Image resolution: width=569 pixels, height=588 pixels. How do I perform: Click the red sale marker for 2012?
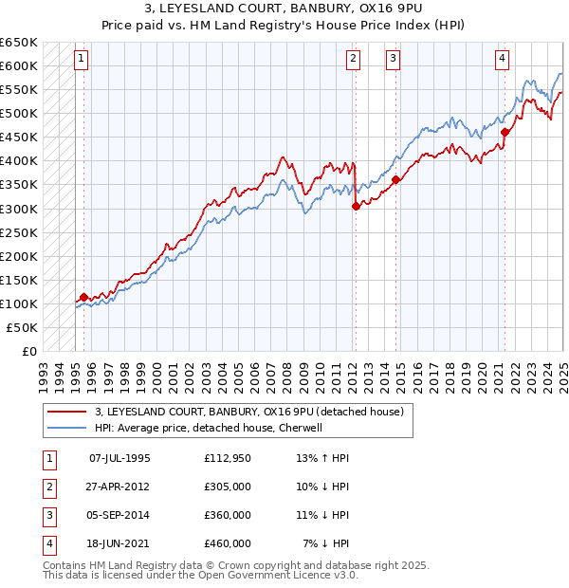[356, 206]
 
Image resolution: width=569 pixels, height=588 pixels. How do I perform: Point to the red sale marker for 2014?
[395, 180]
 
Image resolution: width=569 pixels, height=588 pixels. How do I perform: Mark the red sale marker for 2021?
[505, 132]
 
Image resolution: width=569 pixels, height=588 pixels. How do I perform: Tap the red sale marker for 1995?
[83, 297]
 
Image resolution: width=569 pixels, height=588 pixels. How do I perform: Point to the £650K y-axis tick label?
[19, 43]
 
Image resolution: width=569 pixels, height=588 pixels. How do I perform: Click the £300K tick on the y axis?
[19, 209]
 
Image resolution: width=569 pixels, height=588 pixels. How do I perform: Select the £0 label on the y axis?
[28, 351]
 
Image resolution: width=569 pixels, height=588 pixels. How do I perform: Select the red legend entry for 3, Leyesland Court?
[248, 412]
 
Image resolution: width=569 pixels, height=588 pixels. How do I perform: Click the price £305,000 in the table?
[228, 487]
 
